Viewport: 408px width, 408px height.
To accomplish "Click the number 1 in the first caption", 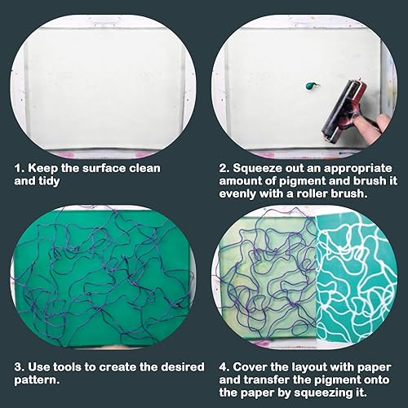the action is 18,168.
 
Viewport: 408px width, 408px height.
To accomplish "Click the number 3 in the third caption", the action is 19,367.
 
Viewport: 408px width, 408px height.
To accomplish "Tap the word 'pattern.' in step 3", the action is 37,380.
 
